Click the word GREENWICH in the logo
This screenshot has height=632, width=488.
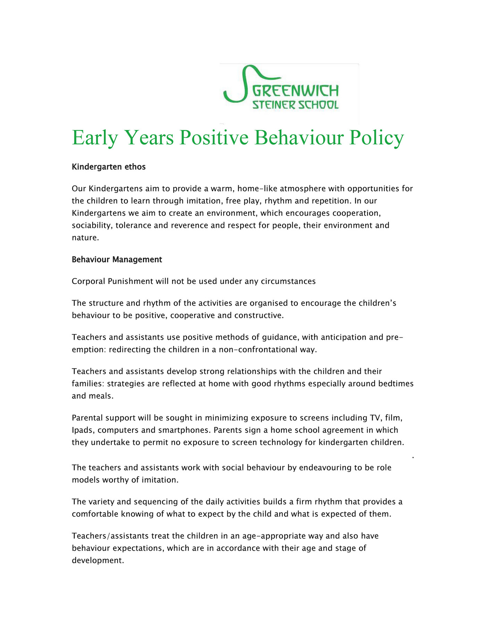(295, 91)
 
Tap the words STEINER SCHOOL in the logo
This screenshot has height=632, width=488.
(295, 105)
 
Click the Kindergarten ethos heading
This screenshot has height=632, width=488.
(109, 167)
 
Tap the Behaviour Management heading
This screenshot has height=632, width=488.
(117, 260)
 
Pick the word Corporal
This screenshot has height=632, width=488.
(88, 281)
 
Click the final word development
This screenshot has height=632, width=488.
(98, 560)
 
